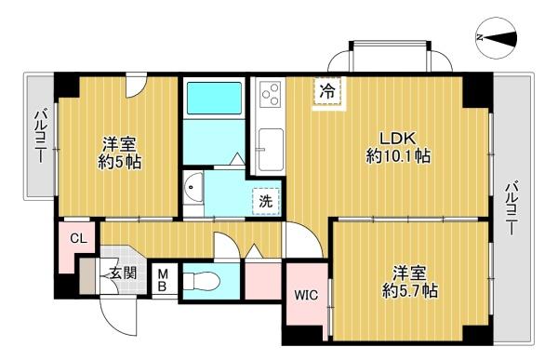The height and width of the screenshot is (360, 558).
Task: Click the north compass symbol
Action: tap(497, 37)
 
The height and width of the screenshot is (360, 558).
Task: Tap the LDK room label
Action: tap(397, 139)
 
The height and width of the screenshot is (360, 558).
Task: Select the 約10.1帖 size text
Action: tap(398, 156)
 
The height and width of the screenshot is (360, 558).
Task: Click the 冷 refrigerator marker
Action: tap(327, 91)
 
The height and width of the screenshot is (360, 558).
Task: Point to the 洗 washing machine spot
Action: tap(266, 201)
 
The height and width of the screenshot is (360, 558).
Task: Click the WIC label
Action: tap(306, 295)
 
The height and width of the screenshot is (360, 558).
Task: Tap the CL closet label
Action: tap(78, 238)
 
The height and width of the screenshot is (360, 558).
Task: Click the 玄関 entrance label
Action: tap(123, 273)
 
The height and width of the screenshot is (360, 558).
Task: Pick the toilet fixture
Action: tap(201, 280)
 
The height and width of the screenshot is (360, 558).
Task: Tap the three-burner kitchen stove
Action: tap(270, 94)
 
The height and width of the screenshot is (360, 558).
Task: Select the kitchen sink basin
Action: tap(272, 150)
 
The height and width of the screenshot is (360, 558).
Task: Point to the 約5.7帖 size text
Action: tap(409, 291)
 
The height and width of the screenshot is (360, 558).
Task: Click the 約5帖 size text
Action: tap(119, 162)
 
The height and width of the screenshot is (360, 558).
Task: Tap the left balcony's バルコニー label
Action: tap(40, 136)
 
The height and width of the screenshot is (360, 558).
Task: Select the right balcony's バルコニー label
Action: tap(511, 208)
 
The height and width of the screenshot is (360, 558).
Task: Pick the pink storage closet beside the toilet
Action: tap(263, 281)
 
